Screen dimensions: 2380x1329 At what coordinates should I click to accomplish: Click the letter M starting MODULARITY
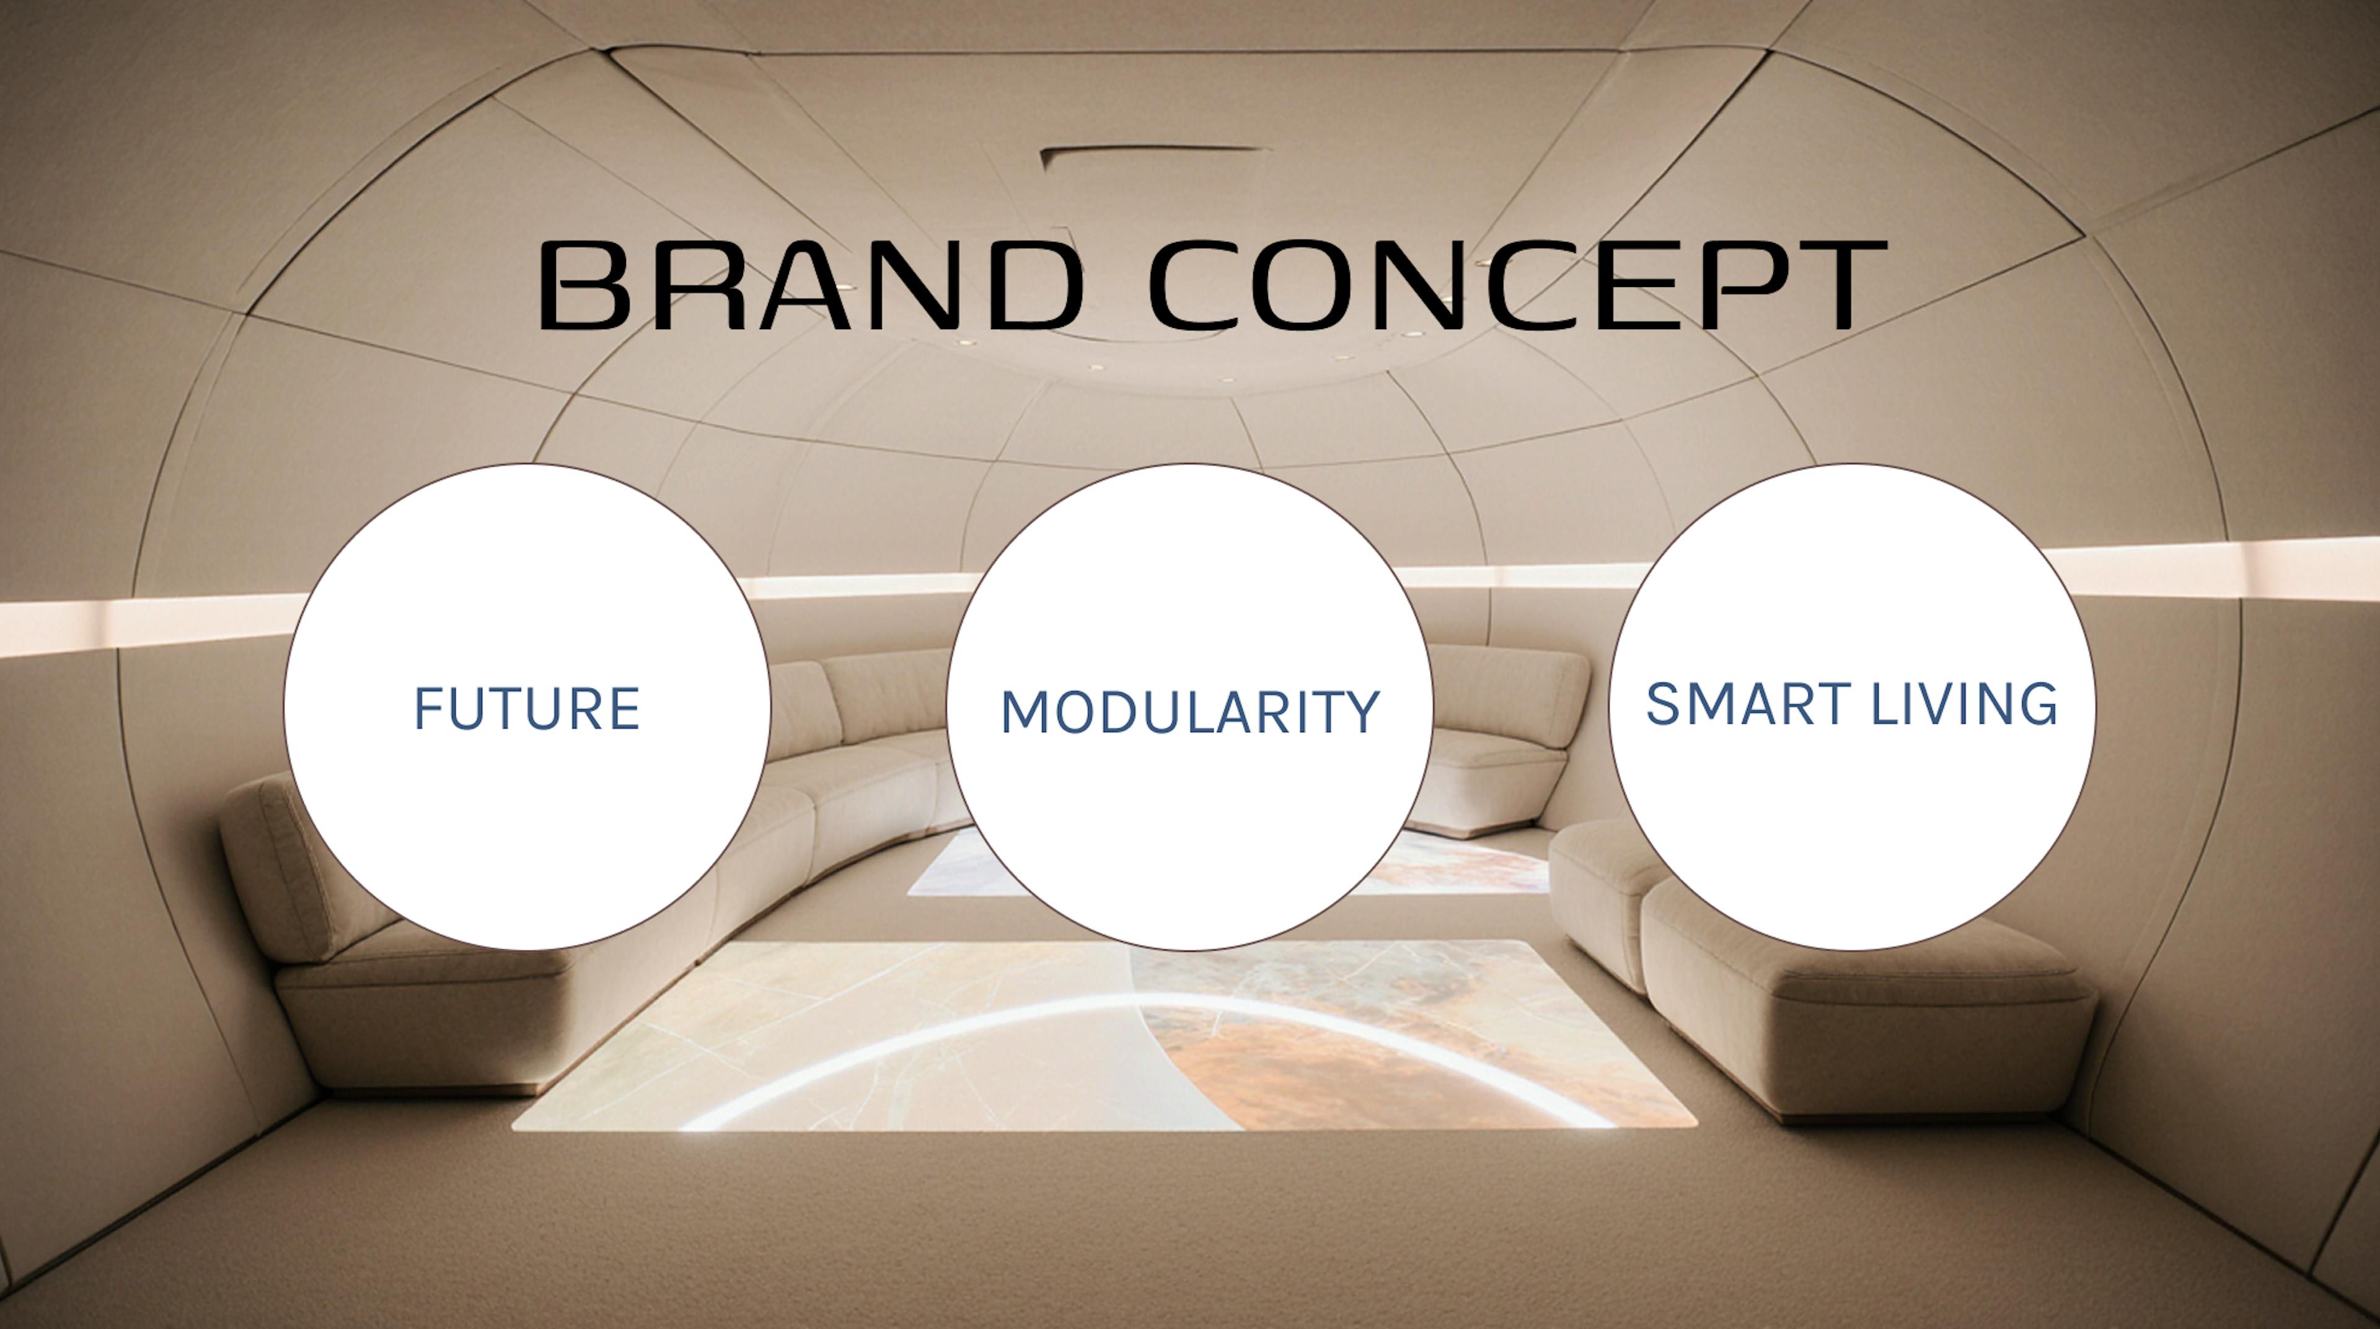[1026, 713]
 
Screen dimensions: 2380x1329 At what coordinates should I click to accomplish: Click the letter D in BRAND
[1034, 285]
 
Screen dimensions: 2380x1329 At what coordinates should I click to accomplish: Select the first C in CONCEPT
[1200, 285]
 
